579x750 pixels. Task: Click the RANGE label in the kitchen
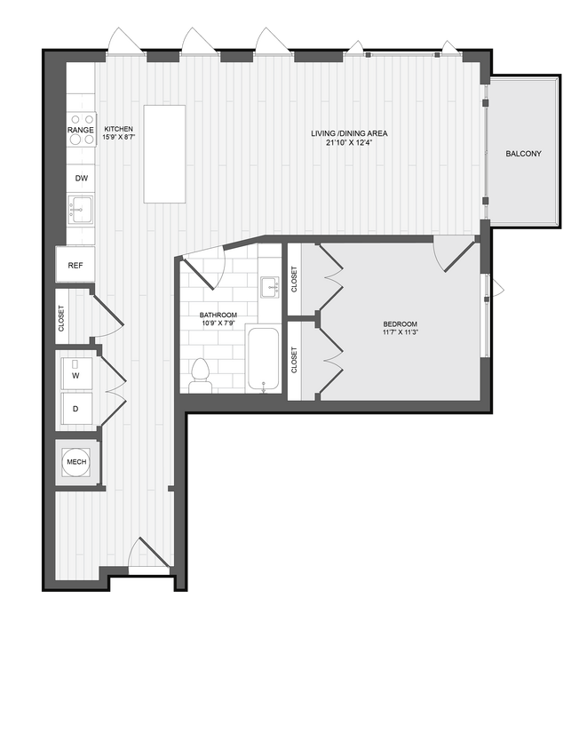tap(81, 131)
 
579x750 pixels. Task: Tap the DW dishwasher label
tap(81, 179)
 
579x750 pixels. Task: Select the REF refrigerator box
tap(75, 265)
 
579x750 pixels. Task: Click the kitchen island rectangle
tap(165, 154)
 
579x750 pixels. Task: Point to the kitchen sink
tap(81, 211)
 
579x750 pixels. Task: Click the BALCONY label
tap(523, 154)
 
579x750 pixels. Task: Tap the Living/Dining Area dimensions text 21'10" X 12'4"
tap(348, 143)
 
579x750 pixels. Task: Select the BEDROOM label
tap(401, 324)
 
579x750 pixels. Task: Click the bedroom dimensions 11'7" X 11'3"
tap(401, 333)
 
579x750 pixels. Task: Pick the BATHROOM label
tap(218, 315)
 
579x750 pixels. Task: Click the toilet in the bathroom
tap(201, 375)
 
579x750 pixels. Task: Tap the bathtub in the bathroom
tap(263, 360)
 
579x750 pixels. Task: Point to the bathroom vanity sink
tap(269, 286)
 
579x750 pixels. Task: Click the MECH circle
tap(75, 462)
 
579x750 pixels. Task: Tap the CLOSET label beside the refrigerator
tap(61, 317)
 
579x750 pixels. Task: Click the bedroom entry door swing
tap(455, 254)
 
